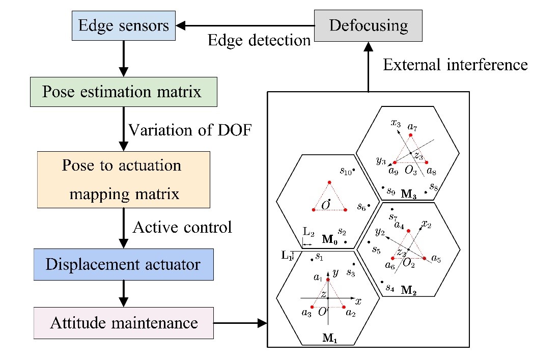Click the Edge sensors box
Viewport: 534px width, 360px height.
(124, 25)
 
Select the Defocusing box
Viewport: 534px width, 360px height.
(368, 25)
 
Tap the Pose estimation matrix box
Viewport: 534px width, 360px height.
(124, 92)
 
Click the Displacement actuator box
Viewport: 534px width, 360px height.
(124, 264)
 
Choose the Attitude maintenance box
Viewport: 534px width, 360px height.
(124, 323)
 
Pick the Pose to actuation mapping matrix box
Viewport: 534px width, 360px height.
(124, 179)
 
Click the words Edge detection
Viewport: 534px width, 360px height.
(259, 40)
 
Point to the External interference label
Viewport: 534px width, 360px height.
(455, 65)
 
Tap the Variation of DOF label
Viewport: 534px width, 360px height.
(190, 130)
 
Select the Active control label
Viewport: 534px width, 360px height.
(183, 227)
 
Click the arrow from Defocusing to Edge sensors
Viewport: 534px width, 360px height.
(245, 25)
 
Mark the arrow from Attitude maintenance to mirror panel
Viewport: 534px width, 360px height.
(240, 323)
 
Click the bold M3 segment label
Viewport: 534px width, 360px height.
(409, 194)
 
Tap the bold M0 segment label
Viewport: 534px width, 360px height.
(330, 239)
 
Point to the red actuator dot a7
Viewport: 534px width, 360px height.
(411, 135)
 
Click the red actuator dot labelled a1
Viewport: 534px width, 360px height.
(328, 280)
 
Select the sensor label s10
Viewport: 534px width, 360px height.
(346, 171)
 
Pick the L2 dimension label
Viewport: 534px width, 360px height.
(308, 232)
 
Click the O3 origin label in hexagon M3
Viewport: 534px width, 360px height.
(411, 170)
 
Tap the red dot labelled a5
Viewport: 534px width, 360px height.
(425, 259)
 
